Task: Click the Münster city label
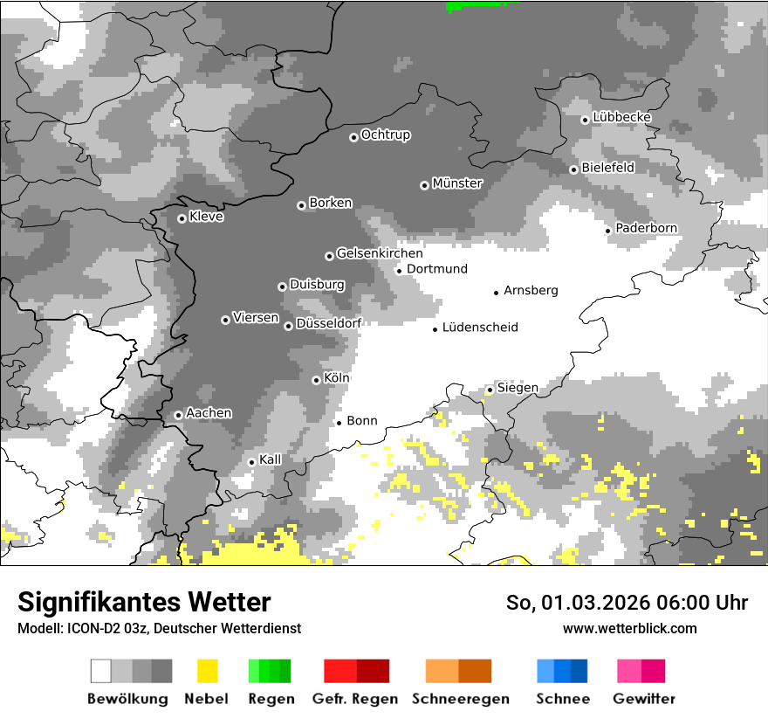click(x=457, y=183)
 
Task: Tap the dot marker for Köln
click(x=316, y=380)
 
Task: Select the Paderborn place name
click(x=646, y=228)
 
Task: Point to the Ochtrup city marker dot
click(x=353, y=136)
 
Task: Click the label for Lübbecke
click(x=621, y=117)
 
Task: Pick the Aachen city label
click(x=209, y=412)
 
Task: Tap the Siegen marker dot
click(x=490, y=390)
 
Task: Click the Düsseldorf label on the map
click(x=328, y=323)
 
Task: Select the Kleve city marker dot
click(x=182, y=218)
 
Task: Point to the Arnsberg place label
click(x=531, y=290)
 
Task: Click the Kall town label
click(x=270, y=459)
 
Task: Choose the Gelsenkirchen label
click(x=380, y=253)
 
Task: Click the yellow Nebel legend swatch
click(x=207, y=671)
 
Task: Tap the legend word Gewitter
click(x=643, y=699)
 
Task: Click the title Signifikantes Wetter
click(x=144, y=602)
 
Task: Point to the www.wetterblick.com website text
click(x=629, y=628)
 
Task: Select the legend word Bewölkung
click(x=127, y=699)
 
